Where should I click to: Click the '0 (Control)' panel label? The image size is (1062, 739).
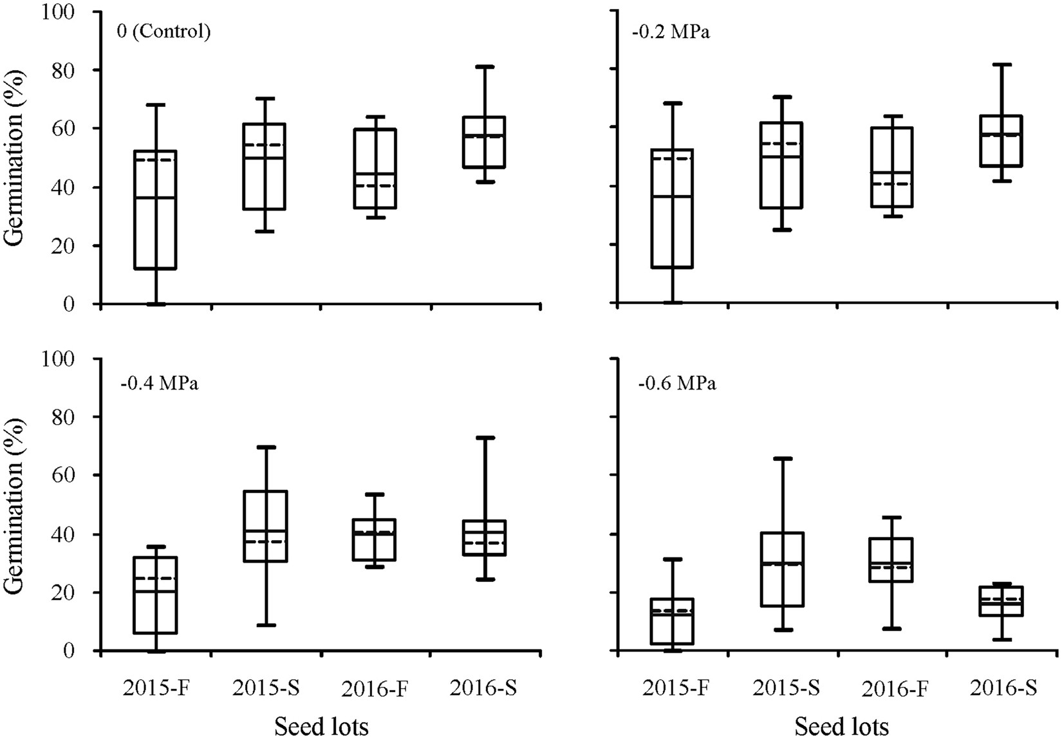(163, 32)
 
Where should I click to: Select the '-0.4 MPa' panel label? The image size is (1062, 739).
(159, 384)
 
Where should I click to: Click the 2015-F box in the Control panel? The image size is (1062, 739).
(155, 210)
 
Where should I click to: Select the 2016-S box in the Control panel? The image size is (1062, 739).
(485, 142)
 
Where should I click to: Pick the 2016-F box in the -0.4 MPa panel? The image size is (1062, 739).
(375, 540)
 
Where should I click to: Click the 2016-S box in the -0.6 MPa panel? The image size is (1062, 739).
(1001, 601)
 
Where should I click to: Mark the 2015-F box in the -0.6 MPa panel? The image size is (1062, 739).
(672, 621)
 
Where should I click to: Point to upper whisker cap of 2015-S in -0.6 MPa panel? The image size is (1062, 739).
(781, 459)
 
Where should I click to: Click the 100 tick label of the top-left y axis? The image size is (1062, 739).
(59, 12)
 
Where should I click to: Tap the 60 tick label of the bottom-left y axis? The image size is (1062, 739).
(64, 475)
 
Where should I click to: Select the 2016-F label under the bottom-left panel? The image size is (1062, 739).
(375, 689)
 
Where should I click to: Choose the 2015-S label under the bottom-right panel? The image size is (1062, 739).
(785, 689)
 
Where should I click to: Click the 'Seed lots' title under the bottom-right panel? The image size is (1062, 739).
(841, 727)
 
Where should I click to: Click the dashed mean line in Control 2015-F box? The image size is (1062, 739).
(155, 160)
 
